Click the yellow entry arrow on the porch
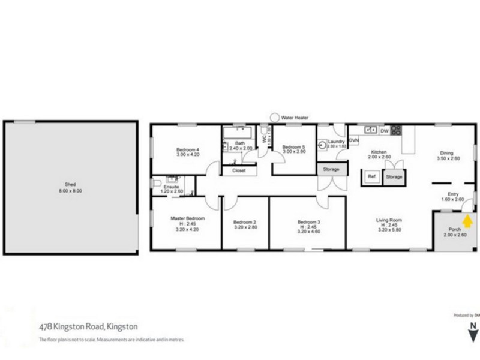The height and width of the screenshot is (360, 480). [469, 222]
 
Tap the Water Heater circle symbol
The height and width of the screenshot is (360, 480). [275, 118]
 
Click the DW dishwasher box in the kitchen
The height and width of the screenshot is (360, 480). [385, 130]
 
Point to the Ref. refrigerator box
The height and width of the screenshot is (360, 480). [371, 177]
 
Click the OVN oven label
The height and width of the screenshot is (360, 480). [353, 141]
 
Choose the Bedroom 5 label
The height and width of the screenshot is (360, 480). [294, 147]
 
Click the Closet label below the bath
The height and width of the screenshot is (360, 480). [238, 170]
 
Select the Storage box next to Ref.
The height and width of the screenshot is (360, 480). [394, 177]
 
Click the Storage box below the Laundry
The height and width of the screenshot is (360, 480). [331, 170]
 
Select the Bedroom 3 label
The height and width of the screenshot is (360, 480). [310, 221]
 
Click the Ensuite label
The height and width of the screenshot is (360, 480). [172, 187]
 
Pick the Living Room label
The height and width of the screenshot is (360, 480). [388, 220]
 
